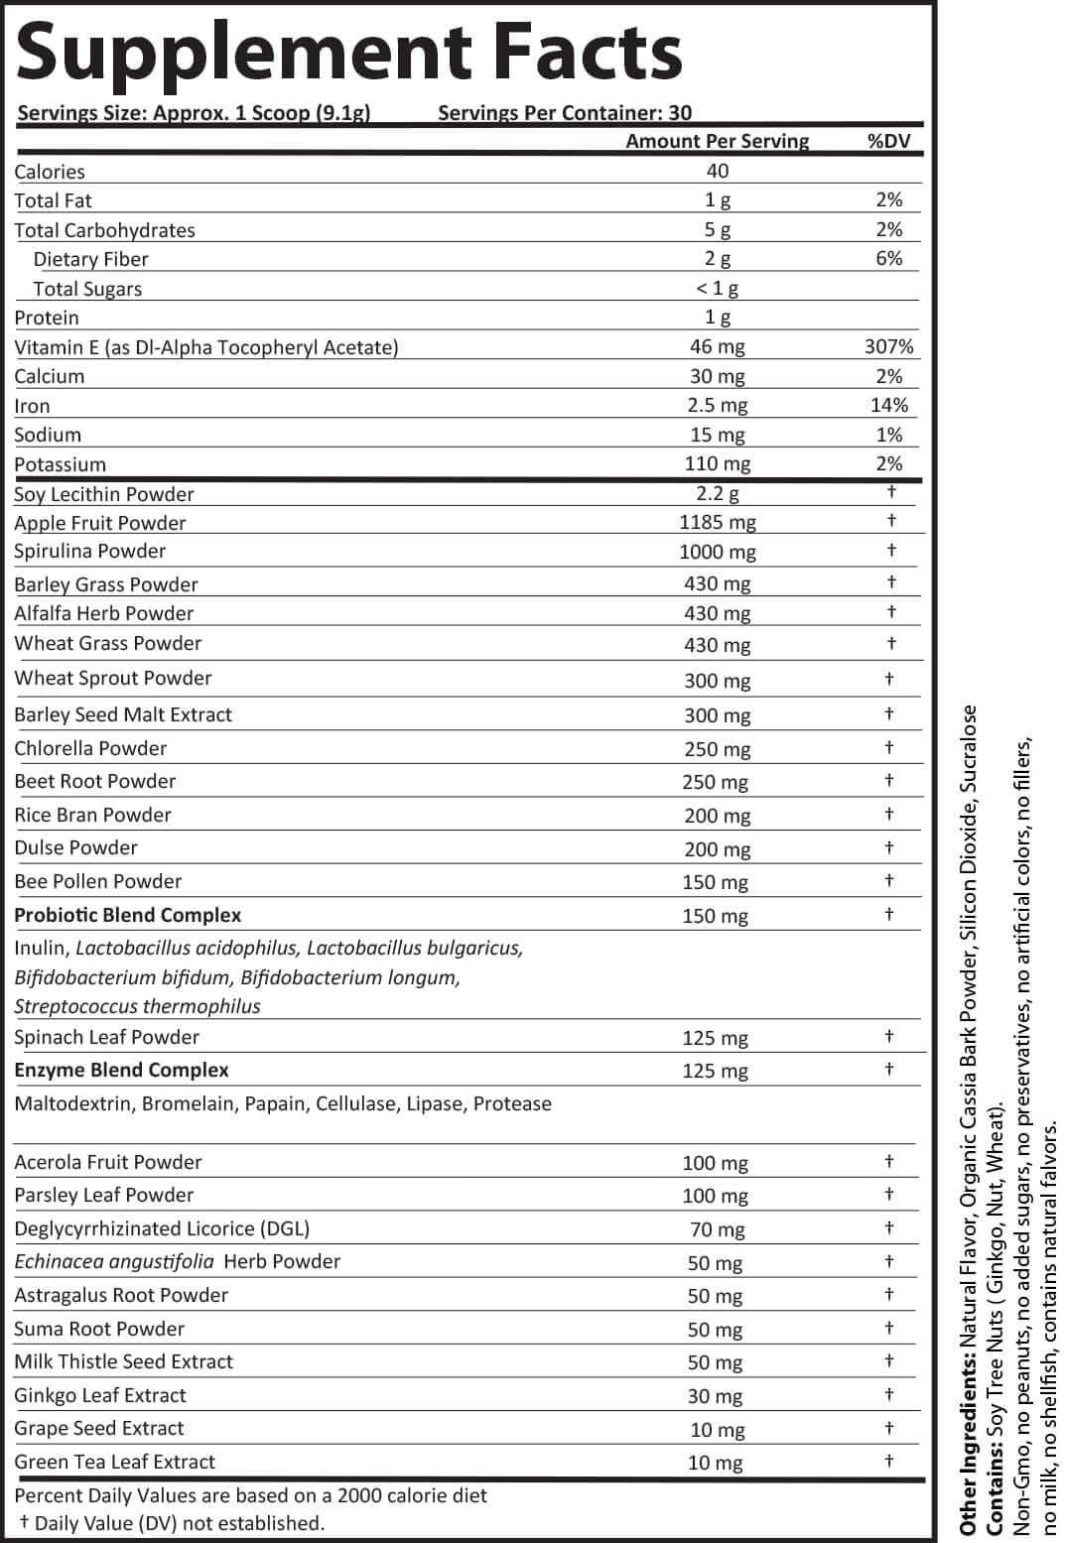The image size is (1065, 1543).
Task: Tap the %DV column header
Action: (888, 141)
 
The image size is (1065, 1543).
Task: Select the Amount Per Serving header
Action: (717, 141)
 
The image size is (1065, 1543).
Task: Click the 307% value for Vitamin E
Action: (888, 346)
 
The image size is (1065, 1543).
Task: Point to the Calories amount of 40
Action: (717, 171)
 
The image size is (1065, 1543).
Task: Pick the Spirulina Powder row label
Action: (89, 551)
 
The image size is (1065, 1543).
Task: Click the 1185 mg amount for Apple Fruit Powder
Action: (717, 522)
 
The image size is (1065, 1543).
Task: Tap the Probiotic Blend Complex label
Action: (127, 915)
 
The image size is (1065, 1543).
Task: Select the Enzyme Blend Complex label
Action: (121, 1070)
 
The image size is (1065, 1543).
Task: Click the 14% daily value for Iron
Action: (888, 405)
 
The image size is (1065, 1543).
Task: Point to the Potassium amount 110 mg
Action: (717, 463)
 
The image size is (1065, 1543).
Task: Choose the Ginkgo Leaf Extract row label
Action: (100, 1395)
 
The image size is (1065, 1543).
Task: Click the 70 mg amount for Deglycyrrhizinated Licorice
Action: (717, 1229)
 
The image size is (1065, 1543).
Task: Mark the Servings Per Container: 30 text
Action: (565, 113)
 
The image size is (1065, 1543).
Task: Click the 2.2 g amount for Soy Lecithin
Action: (717, 493)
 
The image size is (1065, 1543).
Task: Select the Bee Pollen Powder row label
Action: (98, 881)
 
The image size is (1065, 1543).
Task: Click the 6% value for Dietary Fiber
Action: (888, 258)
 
